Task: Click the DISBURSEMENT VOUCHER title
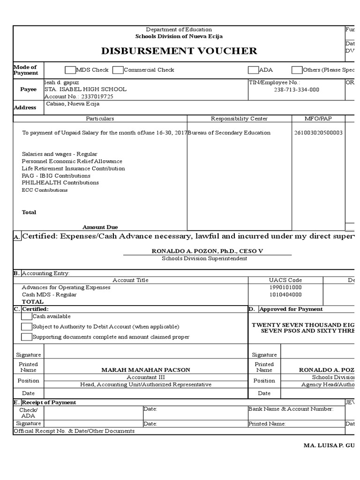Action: coord(179,51)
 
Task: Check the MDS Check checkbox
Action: coord(70,70)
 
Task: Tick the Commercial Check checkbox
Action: coord(118,70)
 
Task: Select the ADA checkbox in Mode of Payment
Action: coord(253,70)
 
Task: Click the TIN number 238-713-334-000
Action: coord(296,90)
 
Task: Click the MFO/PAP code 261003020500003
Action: coord(318,133)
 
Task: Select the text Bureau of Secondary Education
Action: coord(229,133)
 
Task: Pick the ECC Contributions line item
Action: coord(45,190)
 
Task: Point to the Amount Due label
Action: coord(100,227)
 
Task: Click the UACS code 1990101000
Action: coord(285,287)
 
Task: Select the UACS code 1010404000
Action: coord(285,295)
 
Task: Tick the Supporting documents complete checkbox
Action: coord(27,337)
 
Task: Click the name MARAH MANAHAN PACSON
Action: coord(146,370)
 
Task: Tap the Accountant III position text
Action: coord(146,377)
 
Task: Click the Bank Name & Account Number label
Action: coord(291,409)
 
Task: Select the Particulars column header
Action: coord(100,119)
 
